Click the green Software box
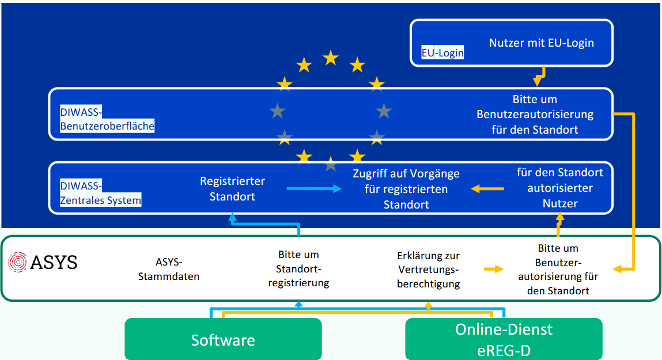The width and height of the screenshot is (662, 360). click(223, 340)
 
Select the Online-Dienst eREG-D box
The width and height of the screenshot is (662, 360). click(504, 340)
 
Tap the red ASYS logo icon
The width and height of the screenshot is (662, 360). click(18, 263)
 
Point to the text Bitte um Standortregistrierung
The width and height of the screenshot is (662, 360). click(298, 268)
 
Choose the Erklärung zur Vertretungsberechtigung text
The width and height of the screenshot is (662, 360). click(428, 270)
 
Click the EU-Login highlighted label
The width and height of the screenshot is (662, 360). click(442, 53)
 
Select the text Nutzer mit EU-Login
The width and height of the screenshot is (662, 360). click(541, 43)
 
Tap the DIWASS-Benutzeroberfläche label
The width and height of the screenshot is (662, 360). click(107, 119)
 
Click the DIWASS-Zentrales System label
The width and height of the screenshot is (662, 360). click(101, 193)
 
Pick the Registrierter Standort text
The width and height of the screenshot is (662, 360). click(232, 188)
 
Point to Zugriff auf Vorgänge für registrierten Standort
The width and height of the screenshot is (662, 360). click(406, 188)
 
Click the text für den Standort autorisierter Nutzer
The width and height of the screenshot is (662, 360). click(559, 188)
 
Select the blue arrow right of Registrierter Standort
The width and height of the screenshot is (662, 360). click(313, 188)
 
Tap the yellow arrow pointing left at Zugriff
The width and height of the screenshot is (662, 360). click(487, 188)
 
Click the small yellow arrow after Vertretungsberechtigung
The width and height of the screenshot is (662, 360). click(493, 268)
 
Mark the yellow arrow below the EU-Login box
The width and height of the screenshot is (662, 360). click(539, 75)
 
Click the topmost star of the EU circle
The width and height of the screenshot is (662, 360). click(331, 57)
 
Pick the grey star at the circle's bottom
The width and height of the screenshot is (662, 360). click(331, 165)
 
